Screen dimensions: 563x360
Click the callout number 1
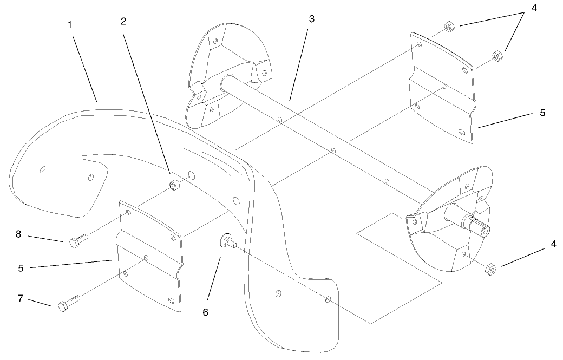[x=70, y=25]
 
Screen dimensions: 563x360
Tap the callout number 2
[x=123, y=22]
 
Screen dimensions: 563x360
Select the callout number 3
[x=311, y=19]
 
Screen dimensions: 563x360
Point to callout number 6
[x=205, y=312]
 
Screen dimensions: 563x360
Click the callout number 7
[x=21, y=298]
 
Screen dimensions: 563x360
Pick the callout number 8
[x=18, y=234]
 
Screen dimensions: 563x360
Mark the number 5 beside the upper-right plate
[x=542, y=113]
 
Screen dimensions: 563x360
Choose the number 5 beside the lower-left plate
[x=21, y=268]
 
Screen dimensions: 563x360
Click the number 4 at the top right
[x=534, y=8]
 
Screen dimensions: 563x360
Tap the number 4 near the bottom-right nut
[x=553, y=245]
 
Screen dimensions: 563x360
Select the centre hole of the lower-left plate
[x=146, y=258]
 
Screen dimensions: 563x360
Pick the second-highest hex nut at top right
[x=497, y=56]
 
